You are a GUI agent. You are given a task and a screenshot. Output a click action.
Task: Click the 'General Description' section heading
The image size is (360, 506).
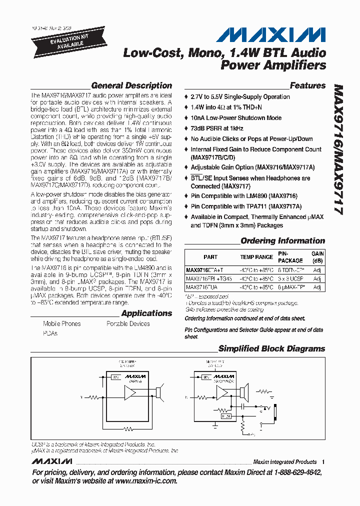pyautogui.click(x=131, y=85)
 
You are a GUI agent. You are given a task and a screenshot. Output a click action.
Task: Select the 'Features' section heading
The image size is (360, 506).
pyautogui.click(x=307, y=85)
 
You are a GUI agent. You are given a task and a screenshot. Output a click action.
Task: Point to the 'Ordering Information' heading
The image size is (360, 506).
pyautogui.click(x=282, y=240)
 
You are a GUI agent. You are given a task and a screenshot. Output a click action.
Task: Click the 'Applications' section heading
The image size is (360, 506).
pyautogui.click(x=146, y=313)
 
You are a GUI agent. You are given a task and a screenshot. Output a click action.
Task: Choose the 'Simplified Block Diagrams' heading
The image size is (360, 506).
pyautogui.click(x=271, y=348)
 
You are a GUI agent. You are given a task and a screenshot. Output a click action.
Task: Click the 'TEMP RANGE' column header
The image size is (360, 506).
pyautogui.click(x=256, y=257)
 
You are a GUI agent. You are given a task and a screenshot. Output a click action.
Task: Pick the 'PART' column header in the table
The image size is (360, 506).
pyautogui.click(x=210, y=257)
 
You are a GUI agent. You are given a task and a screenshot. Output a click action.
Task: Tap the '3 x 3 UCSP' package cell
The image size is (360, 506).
pyautogui.click(x=291, y=278)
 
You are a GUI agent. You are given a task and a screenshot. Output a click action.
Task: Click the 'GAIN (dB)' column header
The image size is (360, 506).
pyautogui.click(x=317, y=257)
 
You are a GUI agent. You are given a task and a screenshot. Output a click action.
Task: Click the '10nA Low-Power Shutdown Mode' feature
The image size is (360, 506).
pyautogui.click(x=235, y=117)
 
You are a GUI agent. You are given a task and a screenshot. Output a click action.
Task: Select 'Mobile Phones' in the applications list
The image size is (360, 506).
pyautogui.click(x=61, y=323)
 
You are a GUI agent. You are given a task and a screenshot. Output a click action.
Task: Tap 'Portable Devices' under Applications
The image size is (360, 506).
pyautogui.click(x=128, y=323)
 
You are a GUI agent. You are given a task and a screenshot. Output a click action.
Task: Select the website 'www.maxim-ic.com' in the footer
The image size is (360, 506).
pyautogui.click(x=146, y=480)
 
